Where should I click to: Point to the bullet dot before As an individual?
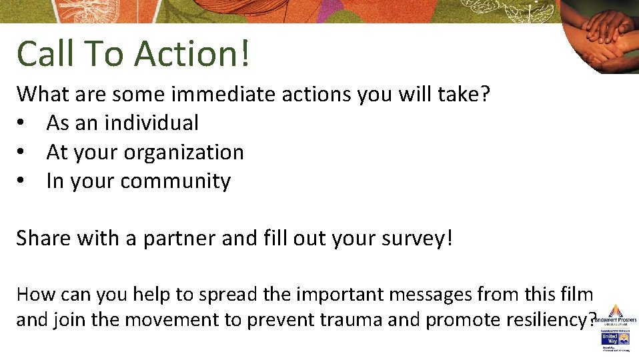(x=23, y=123)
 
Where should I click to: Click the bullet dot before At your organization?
(x=23, y=153)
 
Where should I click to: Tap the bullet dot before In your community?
(x=23, y=181)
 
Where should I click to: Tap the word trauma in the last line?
(x=348, y=320)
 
